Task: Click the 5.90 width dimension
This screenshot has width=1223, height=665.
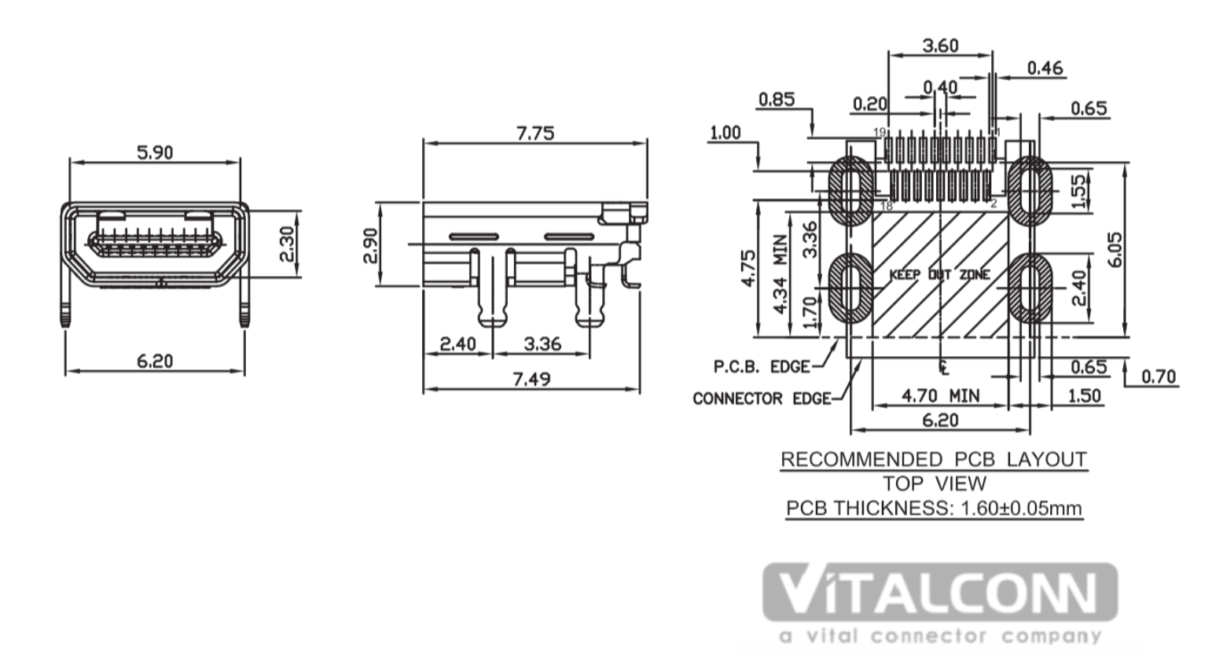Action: pyautogui.click(x=155, y=152)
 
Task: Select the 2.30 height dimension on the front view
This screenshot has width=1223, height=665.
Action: pyautogui.click(x=286, y=244)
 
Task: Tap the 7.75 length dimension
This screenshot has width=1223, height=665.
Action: pyautogui.click(x=535, y=133)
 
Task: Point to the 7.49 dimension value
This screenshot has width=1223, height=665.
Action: pyautogui.click(x=532, y=379)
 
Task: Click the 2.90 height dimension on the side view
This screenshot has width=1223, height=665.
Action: pyautogui.click(x=371, y=245)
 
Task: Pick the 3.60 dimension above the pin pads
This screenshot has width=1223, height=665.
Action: pyautogui.click(x=940, y=46)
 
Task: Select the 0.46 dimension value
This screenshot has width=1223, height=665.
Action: pyautogui.click(x=1045, y=68)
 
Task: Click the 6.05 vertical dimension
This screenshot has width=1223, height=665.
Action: pyautogui.click(x=1115, y=249)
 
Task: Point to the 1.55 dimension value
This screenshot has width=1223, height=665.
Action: pyautogui.click(x=1078, y=191)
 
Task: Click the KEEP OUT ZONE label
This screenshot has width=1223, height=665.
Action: pyautogui.click(x=939, y=274)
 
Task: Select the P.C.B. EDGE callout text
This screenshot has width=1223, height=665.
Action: pyautogui.click(x=762, y=367)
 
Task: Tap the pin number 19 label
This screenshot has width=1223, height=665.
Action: pyautogui.click(x=879, y=132)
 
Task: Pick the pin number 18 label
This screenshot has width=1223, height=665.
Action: pyautogui.click(x=886, y=205)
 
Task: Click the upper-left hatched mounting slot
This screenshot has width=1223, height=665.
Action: pyautogui.click(x=850, y=191)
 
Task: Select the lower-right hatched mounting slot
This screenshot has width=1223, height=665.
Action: pyautogui.click(x=1030, y=288)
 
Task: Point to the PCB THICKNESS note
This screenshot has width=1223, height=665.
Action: pyautogui.click(x=934, y=509)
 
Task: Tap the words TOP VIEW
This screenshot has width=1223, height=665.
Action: pyautogui.click(x=935, y=483)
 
